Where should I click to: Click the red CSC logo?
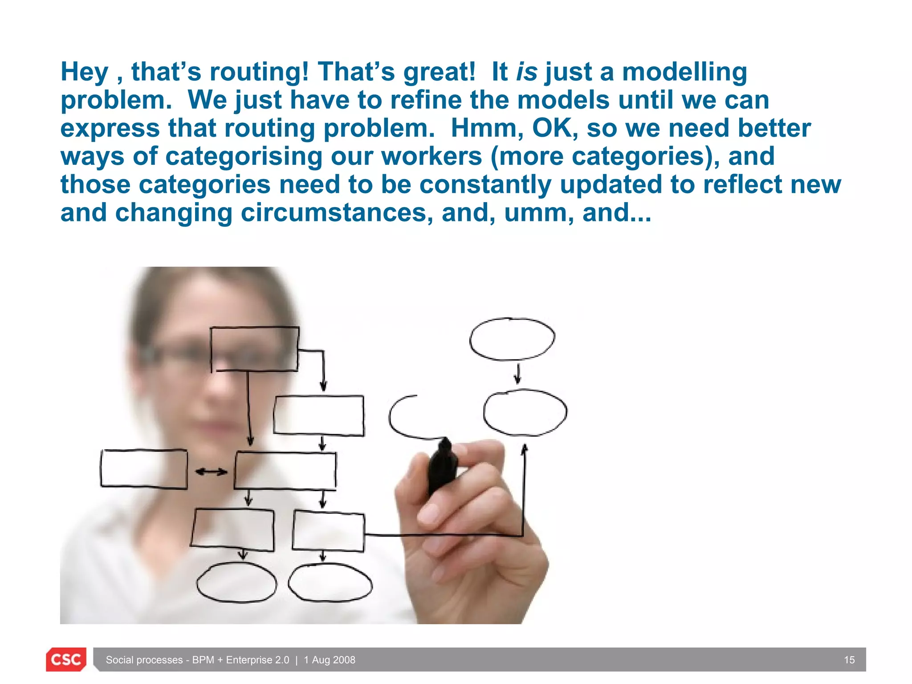(x=66, y=659)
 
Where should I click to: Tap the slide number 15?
(x=849, y=660)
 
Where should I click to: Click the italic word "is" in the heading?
(x=526, y=72)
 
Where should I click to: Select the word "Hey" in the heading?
(x=84, y=73)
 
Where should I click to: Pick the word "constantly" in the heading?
(x=485, y=185)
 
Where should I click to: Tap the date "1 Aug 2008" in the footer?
(x=330, y=660)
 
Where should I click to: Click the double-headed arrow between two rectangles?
(x=211, y=472)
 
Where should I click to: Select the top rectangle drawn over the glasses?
(x=254, y=349)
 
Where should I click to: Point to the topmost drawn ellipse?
(x=512, y=339)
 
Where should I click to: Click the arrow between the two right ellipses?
(x=517, y=374)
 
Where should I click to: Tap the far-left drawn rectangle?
(x=144, y=469)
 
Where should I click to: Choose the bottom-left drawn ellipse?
(x=236, y=582)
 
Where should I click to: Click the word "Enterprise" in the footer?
(x=257, y=660)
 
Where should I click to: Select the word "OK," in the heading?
(x=555, y=128)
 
